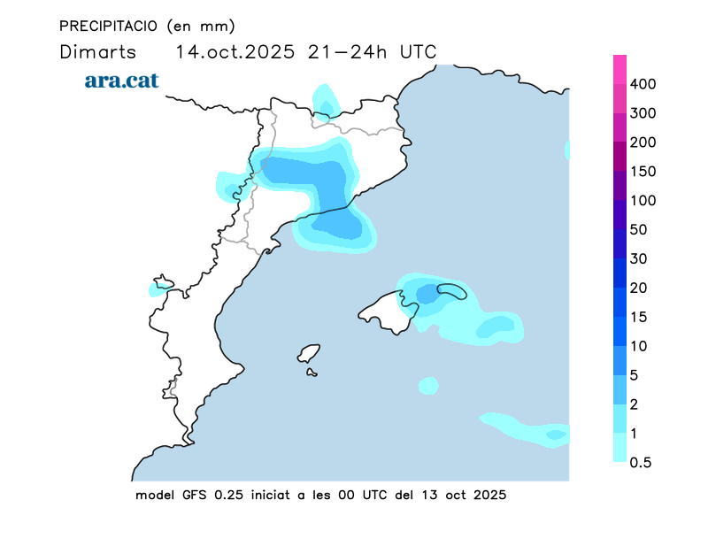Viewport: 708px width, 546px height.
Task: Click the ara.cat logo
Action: (x=122, y=81)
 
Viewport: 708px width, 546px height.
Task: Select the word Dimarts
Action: (x=97, y=51)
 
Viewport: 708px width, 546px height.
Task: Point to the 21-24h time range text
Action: (x=348, y=51)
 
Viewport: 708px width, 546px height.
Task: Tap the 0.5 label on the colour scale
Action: (x=641, y=462)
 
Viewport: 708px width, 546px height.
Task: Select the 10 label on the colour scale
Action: (x=639, y=346)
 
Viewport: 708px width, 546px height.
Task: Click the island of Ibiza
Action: (x=308, y=354)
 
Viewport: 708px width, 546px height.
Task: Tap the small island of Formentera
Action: (x=312, y=373)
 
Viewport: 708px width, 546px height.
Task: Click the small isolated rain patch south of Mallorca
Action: (x=428, y=386)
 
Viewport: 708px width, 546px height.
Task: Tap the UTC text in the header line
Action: (x=418, y=51)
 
